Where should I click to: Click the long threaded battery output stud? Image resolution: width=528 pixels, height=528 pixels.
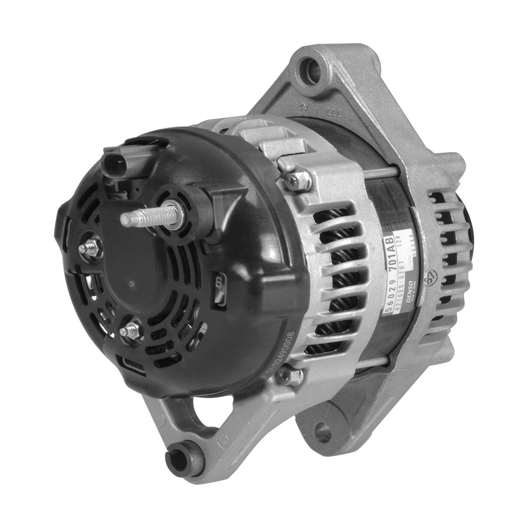tap(141, 215)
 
